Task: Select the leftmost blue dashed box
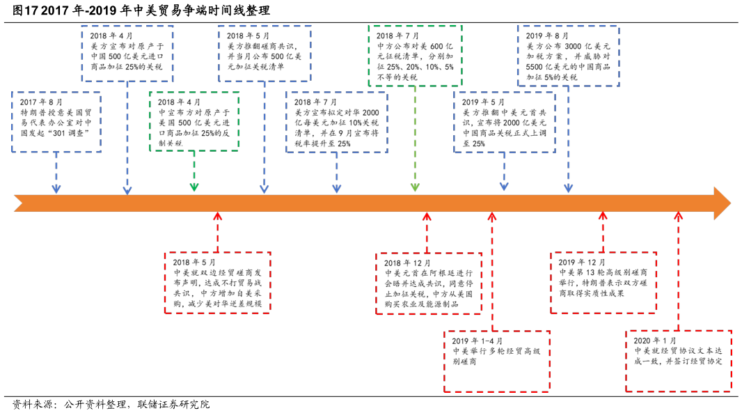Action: pyautogui.click(x=56, y=122)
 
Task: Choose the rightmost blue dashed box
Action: pyautogui.click(x=568, y=56)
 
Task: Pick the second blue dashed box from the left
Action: pyautogui.click(x=127, y=54)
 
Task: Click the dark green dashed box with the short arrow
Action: pyautogui.click(x=194, y=121)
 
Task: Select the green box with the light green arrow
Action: pyautogui.click(x=415, y=56)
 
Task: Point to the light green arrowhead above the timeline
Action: pyautogui.click(x=415, y=187)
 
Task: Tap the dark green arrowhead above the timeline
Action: pyautogui.click(x=194, y=187)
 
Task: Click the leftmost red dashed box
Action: pyautogui.click(x=217, y=283)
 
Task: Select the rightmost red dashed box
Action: pyautogui.click(x=678, y=361)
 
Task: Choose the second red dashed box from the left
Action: pyautogui.click(x=429, y=283)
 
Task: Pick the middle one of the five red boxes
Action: pyautogui.click(x=497, y=361)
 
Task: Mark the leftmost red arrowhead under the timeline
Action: pyautogui.click(x=217, y=216)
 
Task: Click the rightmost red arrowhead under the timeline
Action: pyautogui.click(x=679, y=216)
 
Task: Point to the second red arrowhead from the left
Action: pyautogui.click(x=427, y=216)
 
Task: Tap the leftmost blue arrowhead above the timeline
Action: pyautogui.click(x=56, y=189)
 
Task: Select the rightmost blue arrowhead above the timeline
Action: pyautogui.click(x=568, y=188)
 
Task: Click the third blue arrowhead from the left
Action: pyautogui.click(x=265, y=189)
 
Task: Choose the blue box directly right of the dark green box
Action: pyautogui.click(x=336, y=122)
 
